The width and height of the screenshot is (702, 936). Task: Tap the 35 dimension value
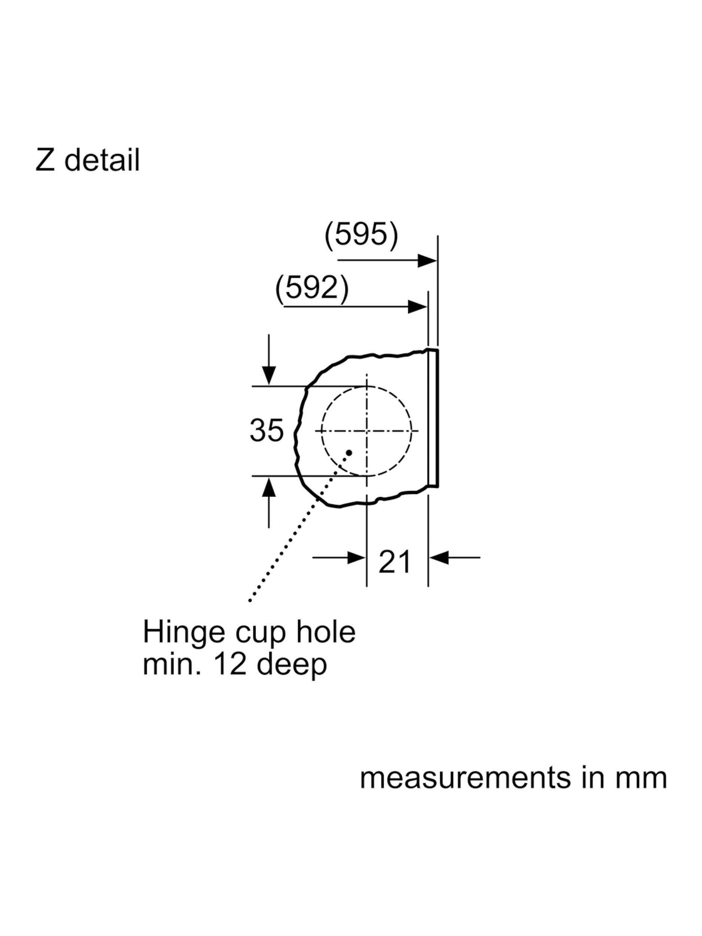pyautogui.click(x=266, y=430)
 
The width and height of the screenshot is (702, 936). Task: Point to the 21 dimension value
pyautogui.click(x=394, y=562)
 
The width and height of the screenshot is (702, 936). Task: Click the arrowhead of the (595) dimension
pyautogui.click(x=427, y=261)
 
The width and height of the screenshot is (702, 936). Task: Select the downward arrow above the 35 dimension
pyautogui.click(x=269, y=360)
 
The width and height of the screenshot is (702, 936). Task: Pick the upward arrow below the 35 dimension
pyautogui.click(x=269, y=502)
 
